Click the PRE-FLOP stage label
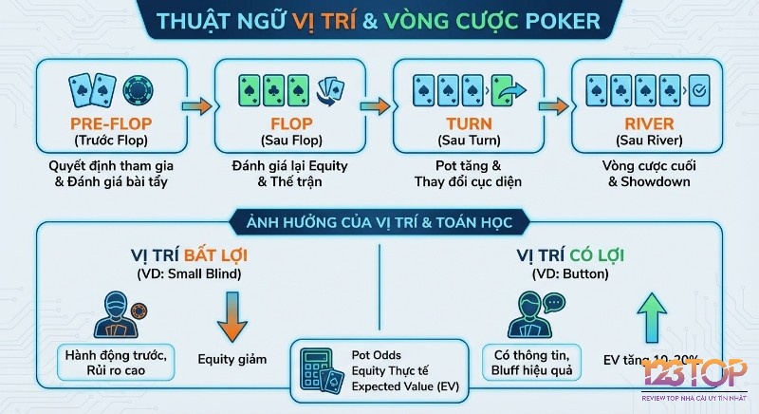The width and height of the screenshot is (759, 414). (x=113, y=124)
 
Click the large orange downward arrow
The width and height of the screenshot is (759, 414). (x=231, y=317)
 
